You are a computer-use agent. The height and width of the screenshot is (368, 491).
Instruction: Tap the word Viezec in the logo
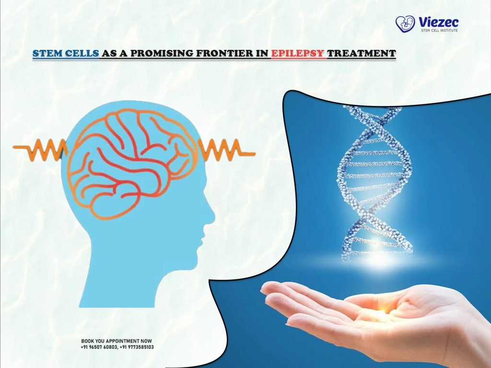pos(438,21)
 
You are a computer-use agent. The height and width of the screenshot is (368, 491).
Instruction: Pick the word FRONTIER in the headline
pos(225,53)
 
